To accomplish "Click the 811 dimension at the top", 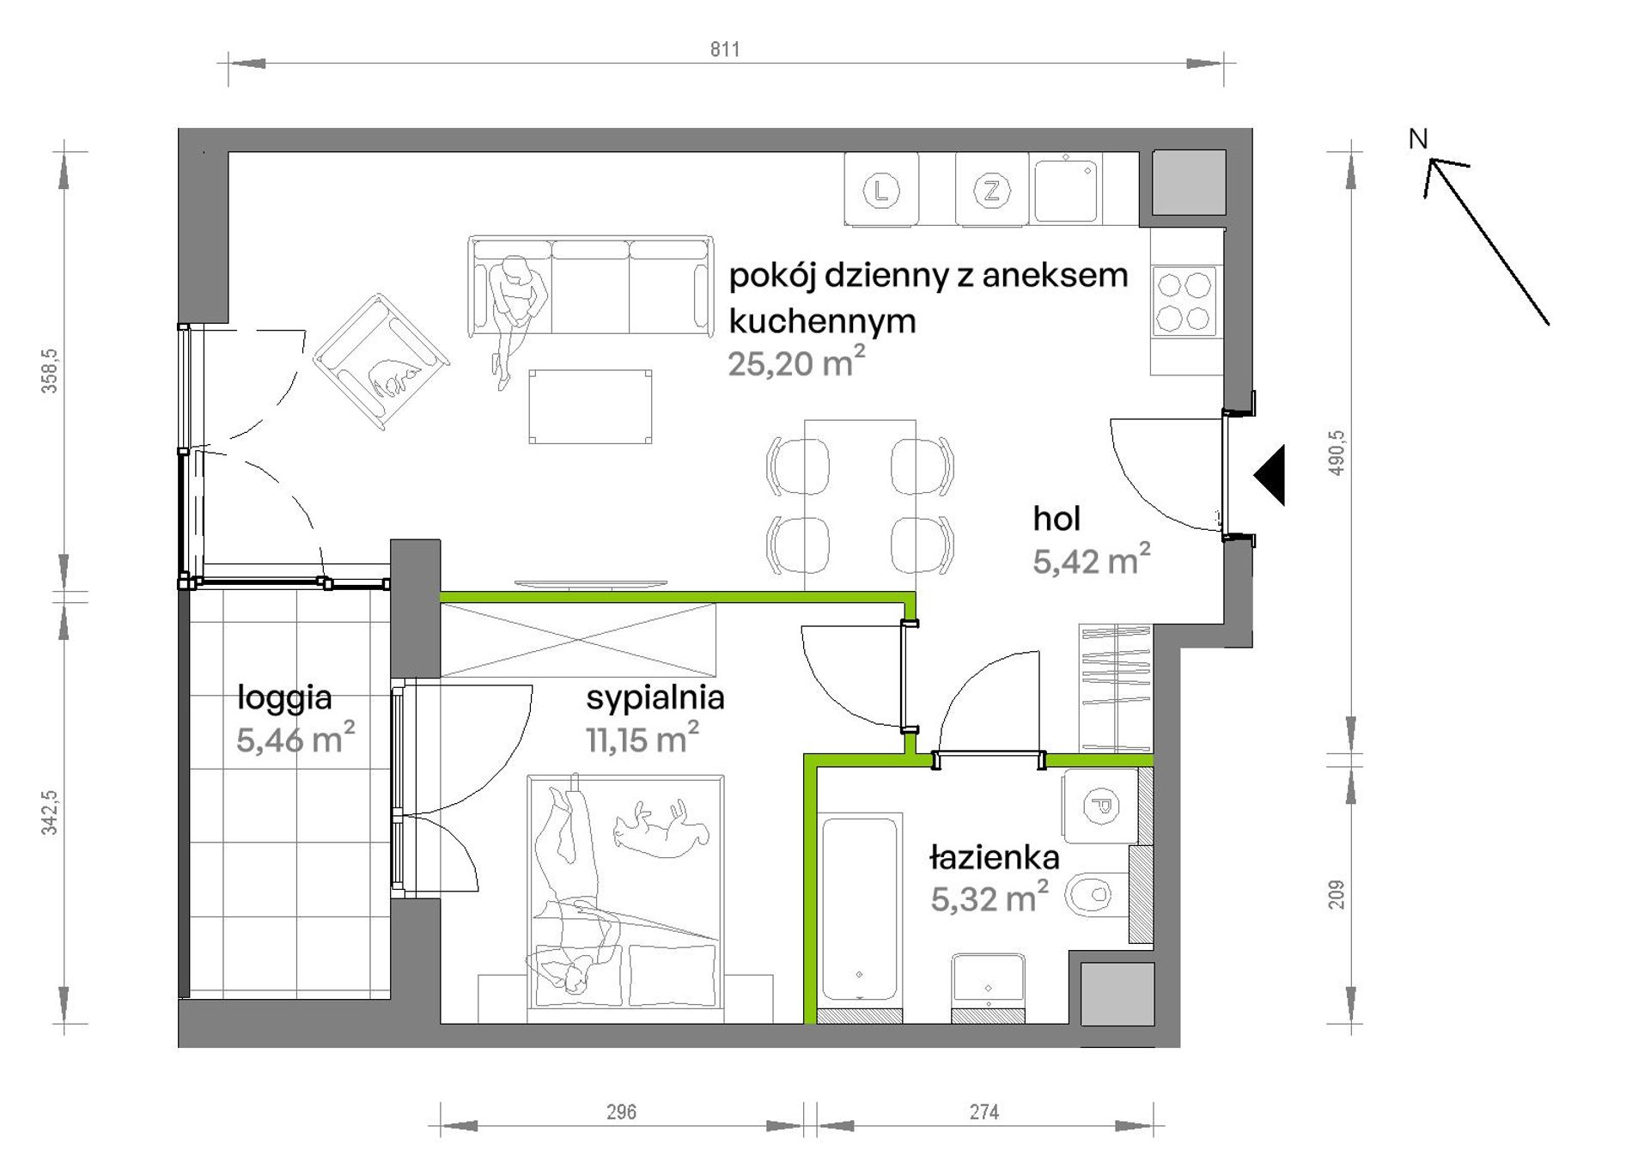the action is [x=724, y=50].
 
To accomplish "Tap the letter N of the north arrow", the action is [x=1418, y=139].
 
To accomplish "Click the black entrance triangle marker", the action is [x=1270, y=475].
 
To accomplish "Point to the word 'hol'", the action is [x=1057, y=519].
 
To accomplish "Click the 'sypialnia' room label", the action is [x=655, y=698].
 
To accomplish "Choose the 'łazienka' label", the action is [x=995, y=857].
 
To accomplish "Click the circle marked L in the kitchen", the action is [x=880, y=190].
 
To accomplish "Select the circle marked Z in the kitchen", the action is [x=992, y=190].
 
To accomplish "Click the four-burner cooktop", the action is [x=1184, y=301].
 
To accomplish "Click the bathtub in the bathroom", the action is [x=859, y=911].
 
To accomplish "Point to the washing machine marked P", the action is [x=1100, y=807].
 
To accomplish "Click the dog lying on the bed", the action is [x=661, y=827].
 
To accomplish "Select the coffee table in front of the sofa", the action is [x=590, y=406].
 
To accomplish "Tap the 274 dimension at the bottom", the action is [x=983, y=1112].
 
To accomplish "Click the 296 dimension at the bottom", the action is [x=621, y=1112].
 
